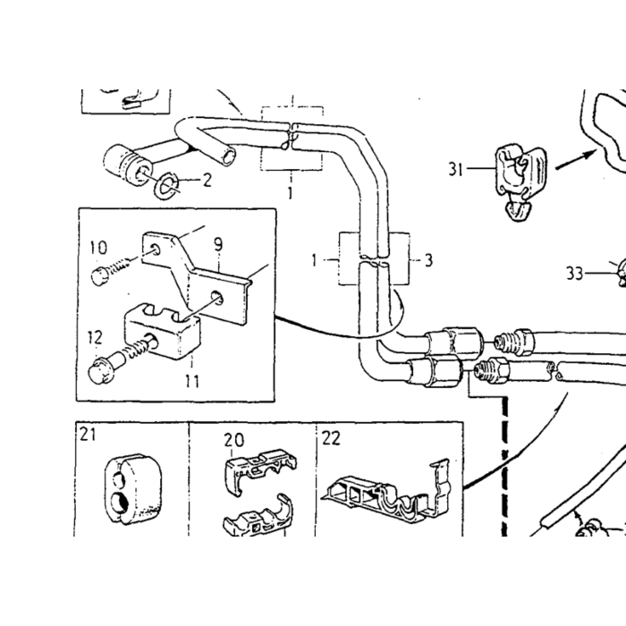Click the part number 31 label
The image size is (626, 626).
[x=455, y=169]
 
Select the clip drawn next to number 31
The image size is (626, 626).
[x=520, y=182]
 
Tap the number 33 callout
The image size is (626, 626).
[x=575, y=274]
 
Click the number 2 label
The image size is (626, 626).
[x=207, y=180]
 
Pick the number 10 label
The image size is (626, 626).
[x=97, y=248]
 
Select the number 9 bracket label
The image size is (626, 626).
[x=218, y=245]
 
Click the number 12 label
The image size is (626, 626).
[x=95, y=337]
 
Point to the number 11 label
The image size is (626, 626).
[x=192, y=382]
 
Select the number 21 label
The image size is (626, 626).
[x=88, y=435]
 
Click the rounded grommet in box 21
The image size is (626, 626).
[x=133, y=488]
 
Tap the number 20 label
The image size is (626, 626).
[x=233, y=440]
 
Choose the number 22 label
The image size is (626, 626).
[x=332, y=438]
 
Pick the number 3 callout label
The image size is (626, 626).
[x=428, y=261]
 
